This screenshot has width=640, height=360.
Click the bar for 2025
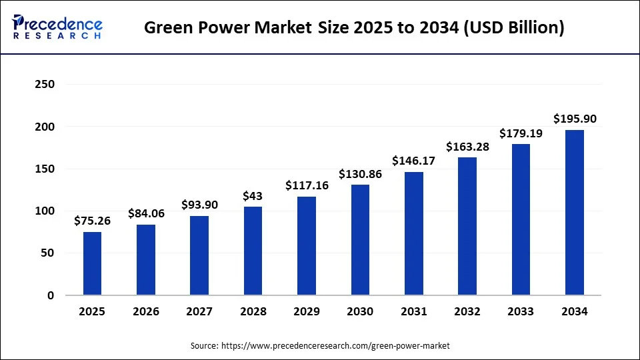point(93,263)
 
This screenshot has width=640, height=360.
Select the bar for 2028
point(253,251)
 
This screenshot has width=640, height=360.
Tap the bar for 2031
point(413,233)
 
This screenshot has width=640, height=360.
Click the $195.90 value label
point(575,119)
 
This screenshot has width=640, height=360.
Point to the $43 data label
point(253,196)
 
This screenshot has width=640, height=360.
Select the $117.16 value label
point(307,185)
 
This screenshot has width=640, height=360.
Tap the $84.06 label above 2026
point(146,213)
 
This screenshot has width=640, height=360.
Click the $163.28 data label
point(467,147)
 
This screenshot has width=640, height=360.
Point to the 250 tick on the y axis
point(45,85)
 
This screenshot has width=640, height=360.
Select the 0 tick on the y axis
point(51,295)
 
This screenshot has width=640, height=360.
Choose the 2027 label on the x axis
point(199,312)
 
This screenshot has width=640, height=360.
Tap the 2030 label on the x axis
point(360,312)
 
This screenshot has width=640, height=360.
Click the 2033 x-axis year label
point(521,312)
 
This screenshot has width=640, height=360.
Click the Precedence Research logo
point(57,27)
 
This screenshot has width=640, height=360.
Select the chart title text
point(354,28)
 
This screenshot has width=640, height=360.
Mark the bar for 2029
point(307,246)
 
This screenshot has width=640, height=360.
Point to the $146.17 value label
point(414,161)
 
